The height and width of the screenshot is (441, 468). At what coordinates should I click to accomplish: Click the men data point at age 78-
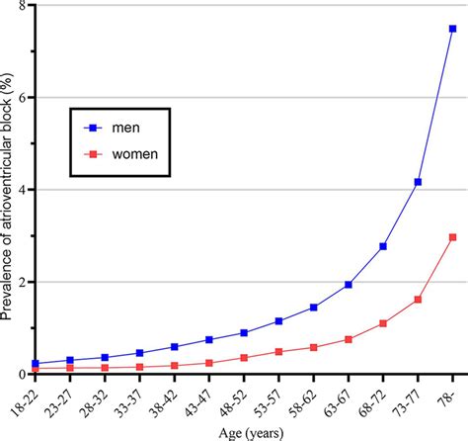[452, 29]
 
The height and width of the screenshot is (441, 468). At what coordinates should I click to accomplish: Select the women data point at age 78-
[452, 237]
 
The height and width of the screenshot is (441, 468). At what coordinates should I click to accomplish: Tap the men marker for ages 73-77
[418, 182]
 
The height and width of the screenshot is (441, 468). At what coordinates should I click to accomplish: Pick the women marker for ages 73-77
[418, 299]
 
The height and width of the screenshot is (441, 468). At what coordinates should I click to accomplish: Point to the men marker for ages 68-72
[383, 246]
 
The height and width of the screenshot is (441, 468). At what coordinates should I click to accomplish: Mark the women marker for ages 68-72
[383, 323]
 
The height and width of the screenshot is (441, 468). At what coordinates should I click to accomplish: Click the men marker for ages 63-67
[348, 285]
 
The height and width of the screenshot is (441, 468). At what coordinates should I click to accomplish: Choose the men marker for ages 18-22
[36, 364]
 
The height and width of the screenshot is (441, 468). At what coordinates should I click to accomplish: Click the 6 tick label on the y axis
[20, 98]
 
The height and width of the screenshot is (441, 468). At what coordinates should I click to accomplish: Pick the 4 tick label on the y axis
[20, 190]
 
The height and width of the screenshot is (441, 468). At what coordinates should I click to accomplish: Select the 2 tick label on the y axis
[20, 282]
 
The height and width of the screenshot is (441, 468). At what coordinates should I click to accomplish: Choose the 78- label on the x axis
[450, 394]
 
